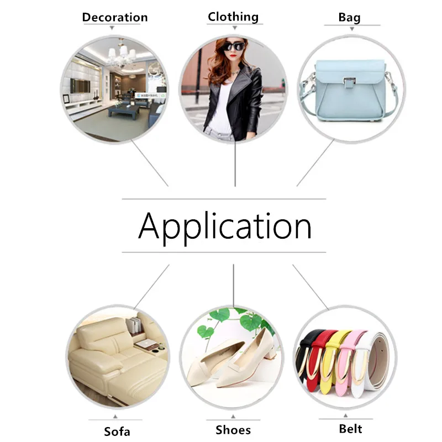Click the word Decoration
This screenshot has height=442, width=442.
(115, 17)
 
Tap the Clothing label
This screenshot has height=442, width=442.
(233, 17)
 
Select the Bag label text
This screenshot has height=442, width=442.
(349, 18)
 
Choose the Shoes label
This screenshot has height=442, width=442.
(233, 429)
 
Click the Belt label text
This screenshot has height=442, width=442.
(351, 428)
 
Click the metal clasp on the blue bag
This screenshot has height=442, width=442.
(348, 85)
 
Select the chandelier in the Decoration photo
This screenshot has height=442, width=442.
(120, 55)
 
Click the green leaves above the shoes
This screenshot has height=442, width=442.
(221, 318)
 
